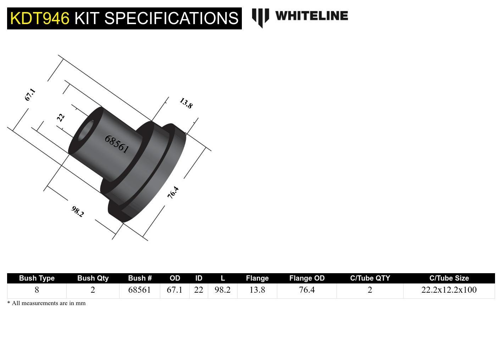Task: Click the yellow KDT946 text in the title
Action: [x=40, y=18]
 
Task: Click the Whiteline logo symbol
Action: [x=260, y=17]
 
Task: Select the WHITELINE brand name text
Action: [x=311, y=16]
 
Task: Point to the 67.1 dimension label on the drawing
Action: [x=30, y=95]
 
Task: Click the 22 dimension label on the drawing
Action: [x=61, y=117]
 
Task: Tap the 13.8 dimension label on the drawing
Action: [x=186, y=103]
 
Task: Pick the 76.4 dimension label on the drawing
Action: [x=173, y=192]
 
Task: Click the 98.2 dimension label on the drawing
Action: [x=77, y=212]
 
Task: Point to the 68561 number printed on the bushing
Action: [x=117, y=144]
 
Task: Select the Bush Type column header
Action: [x=37, y=278]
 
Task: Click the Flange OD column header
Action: [x=307, y=278]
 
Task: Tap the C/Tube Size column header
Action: [x=449, y=278]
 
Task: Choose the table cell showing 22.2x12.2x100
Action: [x=449, y=290]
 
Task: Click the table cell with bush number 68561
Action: [x=139, y=290]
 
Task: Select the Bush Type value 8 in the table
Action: [x=37, y=290]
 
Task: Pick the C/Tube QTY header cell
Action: [x=370, y=278]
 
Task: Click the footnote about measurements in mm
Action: [x=46, y=303]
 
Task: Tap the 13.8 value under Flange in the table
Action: [x=257, y=290]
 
